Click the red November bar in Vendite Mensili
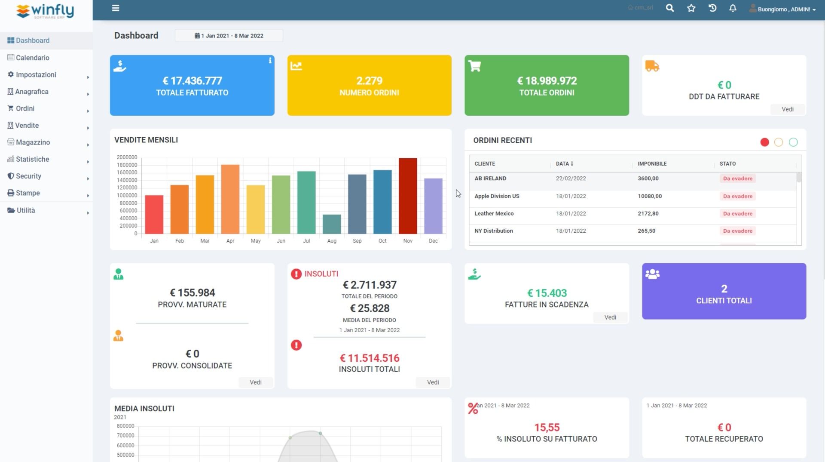coord(408,196)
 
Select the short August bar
coord(332,224)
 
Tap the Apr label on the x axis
coord(230,241)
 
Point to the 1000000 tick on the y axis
coord(127,195)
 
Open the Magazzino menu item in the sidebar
coord(33,142)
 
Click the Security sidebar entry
coord(28,176)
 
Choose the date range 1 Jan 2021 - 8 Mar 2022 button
coord(229,36)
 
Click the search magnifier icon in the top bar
coord(669,8)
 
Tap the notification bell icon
coord(733,8)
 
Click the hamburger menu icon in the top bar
coord(116,8)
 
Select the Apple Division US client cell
coord(497,196)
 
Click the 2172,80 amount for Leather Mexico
coord(648,213)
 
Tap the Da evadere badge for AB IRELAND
coord(737,179)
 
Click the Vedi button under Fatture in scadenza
coord(610,317)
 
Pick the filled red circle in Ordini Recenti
coord(764,142)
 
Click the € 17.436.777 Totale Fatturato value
coord(192,81)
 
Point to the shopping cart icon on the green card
coord(474,66)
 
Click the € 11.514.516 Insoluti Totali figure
coord(370,358)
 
